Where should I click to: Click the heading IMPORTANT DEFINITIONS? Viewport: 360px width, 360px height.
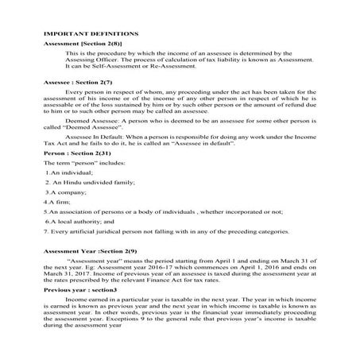91,34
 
